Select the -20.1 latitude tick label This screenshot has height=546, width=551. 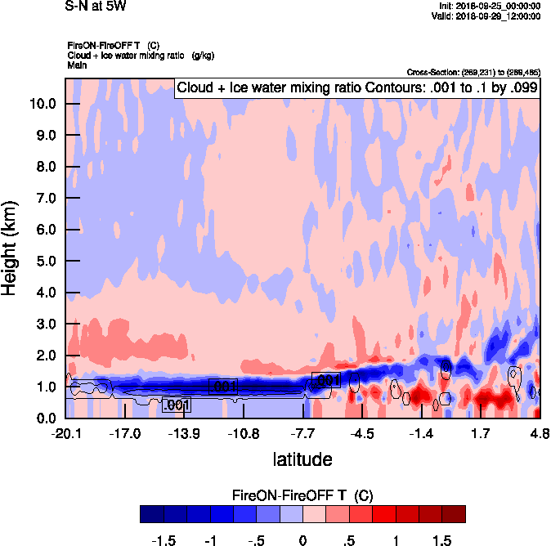click(65, 433)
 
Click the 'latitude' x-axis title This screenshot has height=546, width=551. click(302, 459)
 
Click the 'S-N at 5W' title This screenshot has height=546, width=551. click(95, 7)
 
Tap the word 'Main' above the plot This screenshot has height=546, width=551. click(77, 64)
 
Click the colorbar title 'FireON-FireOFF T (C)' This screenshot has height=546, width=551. click(302, 496)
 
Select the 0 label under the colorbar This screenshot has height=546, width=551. click(302, 540)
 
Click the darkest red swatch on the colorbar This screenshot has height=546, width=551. click(454, 514)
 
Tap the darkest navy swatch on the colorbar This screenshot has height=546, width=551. click(151, 514)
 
